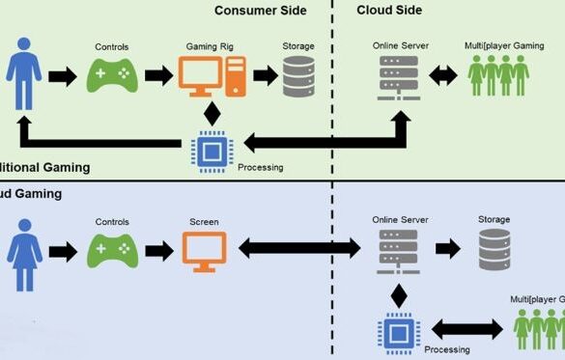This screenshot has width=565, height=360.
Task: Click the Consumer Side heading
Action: pos(260,11)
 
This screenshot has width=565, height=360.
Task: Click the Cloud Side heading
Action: pos(389,11)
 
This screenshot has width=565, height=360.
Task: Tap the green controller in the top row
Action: pos(112,76)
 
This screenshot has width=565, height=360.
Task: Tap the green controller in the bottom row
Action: pos(112,250)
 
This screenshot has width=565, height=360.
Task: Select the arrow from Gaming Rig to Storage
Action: pos(265,77)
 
